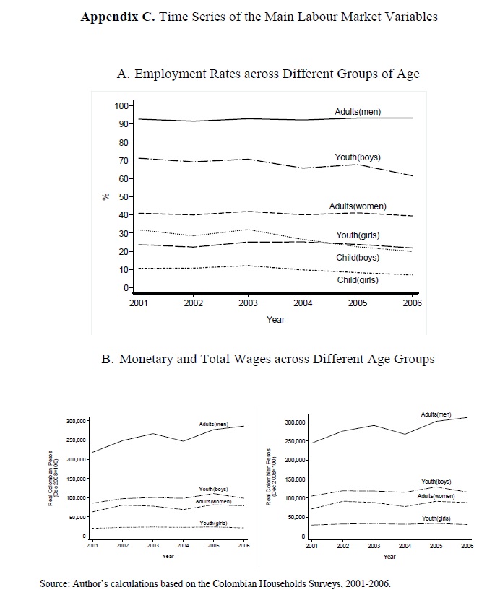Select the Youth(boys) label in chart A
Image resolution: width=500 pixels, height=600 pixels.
click(x=358, y=157)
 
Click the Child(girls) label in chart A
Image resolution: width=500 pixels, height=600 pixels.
click(x=358, y=280)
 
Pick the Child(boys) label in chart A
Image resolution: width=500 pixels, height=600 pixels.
click(x=358, y=258)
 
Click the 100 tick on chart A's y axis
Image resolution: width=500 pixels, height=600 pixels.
click(x=121, y=106)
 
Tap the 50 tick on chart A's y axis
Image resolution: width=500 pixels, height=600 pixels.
click(x=123, y=197)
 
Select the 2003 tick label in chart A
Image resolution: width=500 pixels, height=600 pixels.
click(x=247, y=303)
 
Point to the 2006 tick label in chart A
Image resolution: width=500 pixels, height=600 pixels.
click(x=412, y=303)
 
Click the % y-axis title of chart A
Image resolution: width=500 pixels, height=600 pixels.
click(x=105, y=196)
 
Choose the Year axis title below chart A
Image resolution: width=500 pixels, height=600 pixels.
click(x=275, y=319)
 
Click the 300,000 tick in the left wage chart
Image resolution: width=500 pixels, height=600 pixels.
click(x=76, y=420)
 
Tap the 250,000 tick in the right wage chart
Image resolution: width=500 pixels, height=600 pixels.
click(x=296, y=441)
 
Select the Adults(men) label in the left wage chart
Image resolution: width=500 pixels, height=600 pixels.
click(x=214, y=423)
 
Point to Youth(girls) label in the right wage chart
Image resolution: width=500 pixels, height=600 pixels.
click(x=436, y=518)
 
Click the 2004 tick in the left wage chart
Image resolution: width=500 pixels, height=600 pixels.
click(x=184, y=547)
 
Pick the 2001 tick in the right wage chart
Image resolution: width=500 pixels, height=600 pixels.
click(x=311, y=547)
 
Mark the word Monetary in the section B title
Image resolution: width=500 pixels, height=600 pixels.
click(x=154, y=359)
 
